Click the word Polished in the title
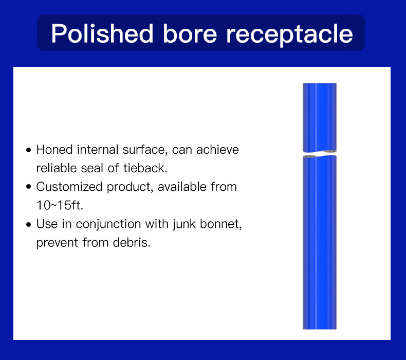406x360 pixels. pyautogui.click(x=102, y=33)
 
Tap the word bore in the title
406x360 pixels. pyautogui.click(x=190, y=33)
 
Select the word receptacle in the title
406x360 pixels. pyautogui.click(x=289, y=35)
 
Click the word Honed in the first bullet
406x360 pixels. pyautogui.click(x=54, y=150)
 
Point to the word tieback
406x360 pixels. pyautogui.click(x=145, y=168)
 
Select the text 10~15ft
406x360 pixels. pyautogui.click(x=60, y=205)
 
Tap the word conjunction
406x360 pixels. pyautogui.click(x=108, y=224)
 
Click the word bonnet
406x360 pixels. pyautogui.click(x=221, y=224)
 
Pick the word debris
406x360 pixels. pyautogui.click(x=132, y=243)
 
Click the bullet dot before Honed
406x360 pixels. pyautogui.click(x=29, y=150)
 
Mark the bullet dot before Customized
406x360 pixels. pyautogui.click(x=29, y=187)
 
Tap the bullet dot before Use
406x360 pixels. pyautogui.click(x=29, y=224)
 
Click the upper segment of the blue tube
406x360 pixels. pyautogui.click(x=320, y=117)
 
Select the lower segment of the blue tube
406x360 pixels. pyautogui.click(x=320, y=242)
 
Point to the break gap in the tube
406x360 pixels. pyautogui.click(x=320, y=154)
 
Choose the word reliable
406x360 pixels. pyautogui.click(x=57, y=168)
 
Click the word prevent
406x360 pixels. pyautogui.click(x=57, y=243)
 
